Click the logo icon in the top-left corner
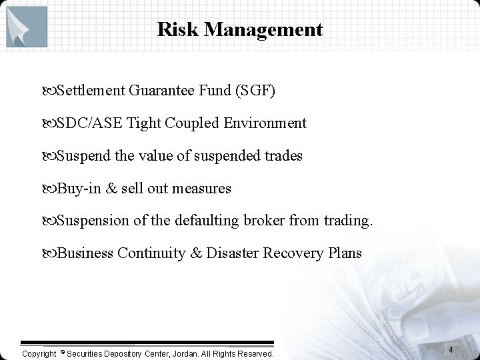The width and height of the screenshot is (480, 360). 27,27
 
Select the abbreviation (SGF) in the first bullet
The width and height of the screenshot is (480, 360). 255,91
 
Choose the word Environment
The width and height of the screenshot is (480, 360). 265,123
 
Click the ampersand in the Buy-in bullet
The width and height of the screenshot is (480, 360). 111,189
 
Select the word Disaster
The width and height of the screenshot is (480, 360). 233,253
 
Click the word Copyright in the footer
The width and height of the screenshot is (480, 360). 39,353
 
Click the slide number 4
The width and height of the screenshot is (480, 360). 451,350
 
